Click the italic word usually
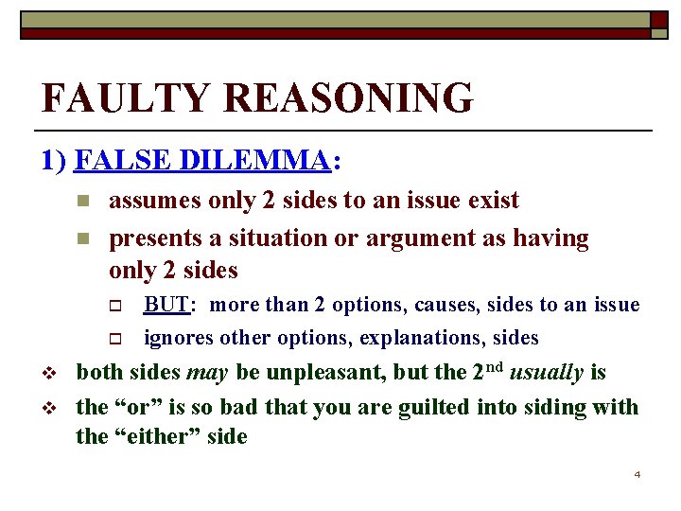(x=546, y=373)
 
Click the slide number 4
(x=637, y=474)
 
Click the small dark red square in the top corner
(x=658, y=20)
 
